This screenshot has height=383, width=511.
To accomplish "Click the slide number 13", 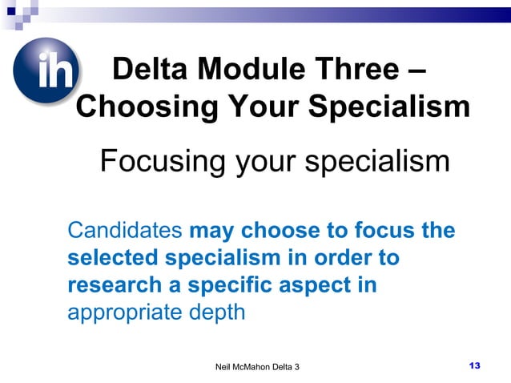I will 473,365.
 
